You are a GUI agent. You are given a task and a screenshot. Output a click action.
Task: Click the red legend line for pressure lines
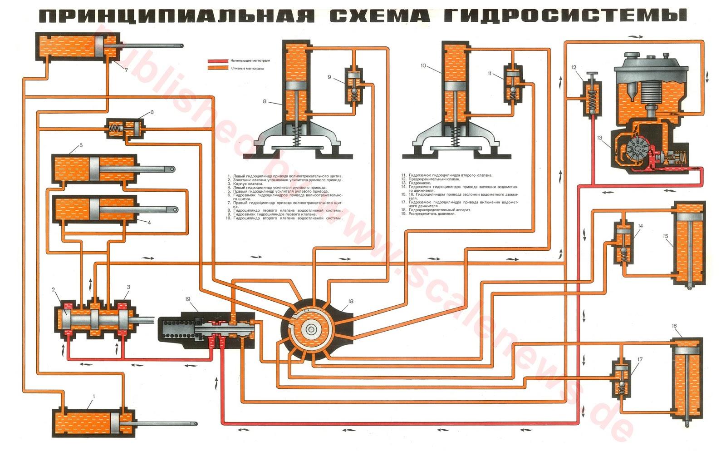pyautogui.click(x=218, y=60)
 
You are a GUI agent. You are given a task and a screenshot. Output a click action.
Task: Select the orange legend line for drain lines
pyautogui.click(x=218, y=69)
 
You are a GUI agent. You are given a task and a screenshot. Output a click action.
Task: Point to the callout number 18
pyautogui.click(x=350, y=301)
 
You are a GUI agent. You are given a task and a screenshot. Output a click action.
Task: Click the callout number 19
pyautogui.click(x=188, y=299)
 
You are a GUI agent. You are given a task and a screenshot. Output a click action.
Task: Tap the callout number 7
pyautogui.click(x=126, y=70)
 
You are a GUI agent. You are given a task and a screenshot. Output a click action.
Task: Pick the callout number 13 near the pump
pyautogui.click(x=599, y=138)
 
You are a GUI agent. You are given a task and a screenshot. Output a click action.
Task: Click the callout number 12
pyautogui.click(x=574, y=67)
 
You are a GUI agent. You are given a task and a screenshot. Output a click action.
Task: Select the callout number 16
pyautogui.click(x=674, y=326)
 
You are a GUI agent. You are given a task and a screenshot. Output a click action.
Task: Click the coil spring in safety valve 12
pyautogui.click(x=591, y=100)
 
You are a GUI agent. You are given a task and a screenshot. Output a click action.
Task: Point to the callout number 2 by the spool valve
pyautogui.click(x=53, y=289)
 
